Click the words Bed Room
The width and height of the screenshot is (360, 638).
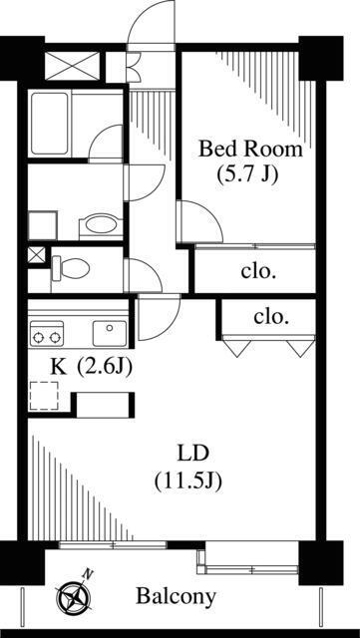pyautogui.click(x=249, y=150)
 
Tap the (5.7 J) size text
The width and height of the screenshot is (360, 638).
pyautogui.click(x=249, y=172)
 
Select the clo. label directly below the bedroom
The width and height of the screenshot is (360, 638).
pyautogui.click(x=258, y=269)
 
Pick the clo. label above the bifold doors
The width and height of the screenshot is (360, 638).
pyautogui.click(x=271, y=317)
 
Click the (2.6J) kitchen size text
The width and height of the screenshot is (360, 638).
pyautogui.click(x=105, y=365)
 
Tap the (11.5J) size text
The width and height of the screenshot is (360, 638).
pyautogui.click(x=187, y=479)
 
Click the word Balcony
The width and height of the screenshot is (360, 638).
pyautogui.click(x=176, y=597)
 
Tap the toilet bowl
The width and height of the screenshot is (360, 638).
pyautogui.click(x=70, y=267)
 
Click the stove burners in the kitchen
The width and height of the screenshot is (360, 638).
pyautogui.click(x=47, y=332)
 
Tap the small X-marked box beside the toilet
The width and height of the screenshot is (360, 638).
pyautogui.click(x=36, y=254)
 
